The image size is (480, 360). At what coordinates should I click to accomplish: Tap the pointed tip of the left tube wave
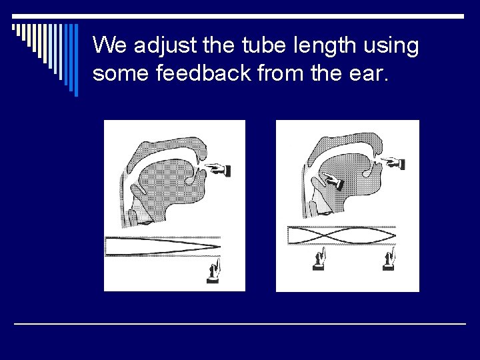[219, 246]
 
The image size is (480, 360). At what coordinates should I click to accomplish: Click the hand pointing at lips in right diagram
[394, 162]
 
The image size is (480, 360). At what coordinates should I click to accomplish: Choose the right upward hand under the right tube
[389, 259]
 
